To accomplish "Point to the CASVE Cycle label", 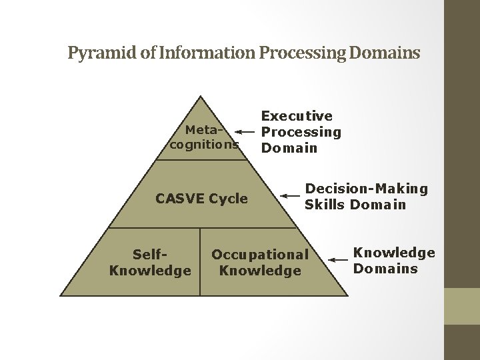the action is pos(201,199).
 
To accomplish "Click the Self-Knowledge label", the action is pos(150,262).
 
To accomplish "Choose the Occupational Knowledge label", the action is pos(260,262).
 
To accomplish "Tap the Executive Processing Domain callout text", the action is pos(301,132).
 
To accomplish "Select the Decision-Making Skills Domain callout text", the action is pos(366,197).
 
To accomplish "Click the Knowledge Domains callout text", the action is pos(393,261).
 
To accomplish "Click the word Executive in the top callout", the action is pos(297,117).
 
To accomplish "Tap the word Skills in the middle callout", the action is pos(325,205).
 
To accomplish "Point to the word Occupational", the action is pos(260,254).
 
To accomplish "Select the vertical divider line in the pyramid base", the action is pos(199,261).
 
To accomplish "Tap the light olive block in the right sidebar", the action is pos(461,306).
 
